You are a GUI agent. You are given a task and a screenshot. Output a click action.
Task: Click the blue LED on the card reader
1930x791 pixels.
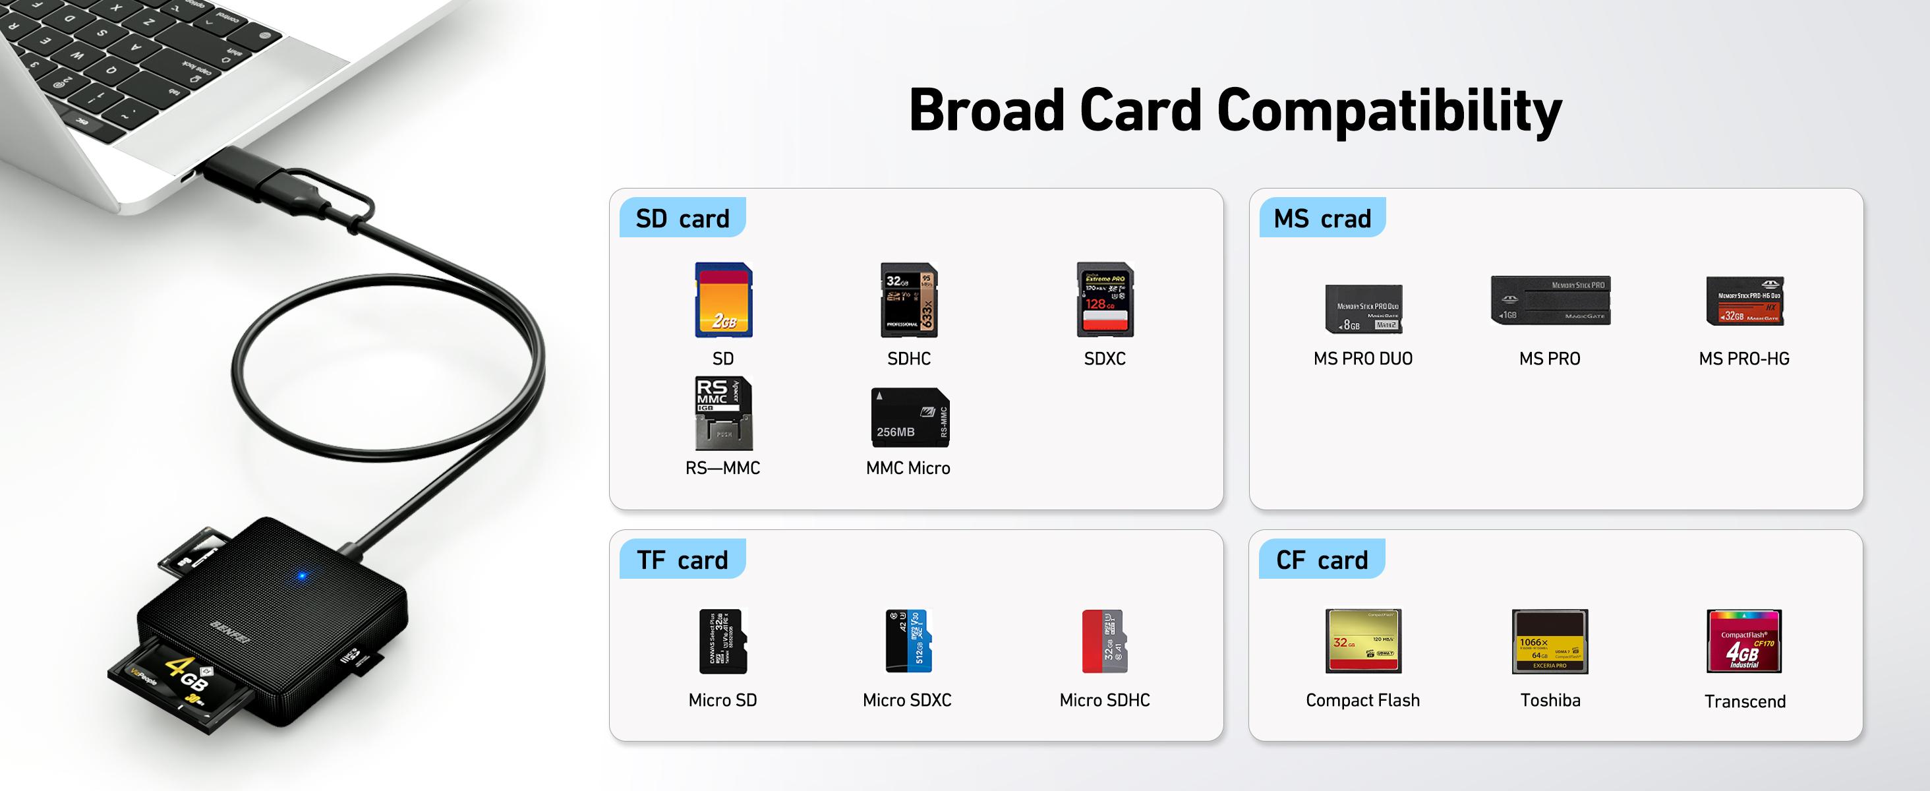[302, 576]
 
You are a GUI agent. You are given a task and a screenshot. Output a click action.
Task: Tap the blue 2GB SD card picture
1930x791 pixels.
[723, 300]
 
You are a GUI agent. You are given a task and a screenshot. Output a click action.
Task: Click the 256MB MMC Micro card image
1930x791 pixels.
[910, 418]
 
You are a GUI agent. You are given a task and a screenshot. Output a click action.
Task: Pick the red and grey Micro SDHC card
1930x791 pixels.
[1104, 641]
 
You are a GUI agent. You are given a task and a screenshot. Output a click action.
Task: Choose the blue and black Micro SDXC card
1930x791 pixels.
[908, 641]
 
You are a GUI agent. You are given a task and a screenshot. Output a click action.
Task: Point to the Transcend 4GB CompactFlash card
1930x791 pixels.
[1743, 641]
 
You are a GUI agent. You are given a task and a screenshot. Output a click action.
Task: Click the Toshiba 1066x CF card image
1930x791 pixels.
[1550, 641]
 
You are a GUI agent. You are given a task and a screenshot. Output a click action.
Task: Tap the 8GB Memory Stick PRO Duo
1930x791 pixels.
[1363, 308]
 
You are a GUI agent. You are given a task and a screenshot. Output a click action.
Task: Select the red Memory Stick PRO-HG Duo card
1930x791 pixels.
[1744, 301]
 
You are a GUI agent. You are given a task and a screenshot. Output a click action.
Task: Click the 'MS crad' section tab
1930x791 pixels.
[1322, 218]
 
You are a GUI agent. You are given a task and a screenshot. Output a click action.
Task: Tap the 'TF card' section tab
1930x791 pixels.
[682, 560]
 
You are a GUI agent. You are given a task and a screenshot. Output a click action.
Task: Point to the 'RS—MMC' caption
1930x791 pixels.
[722, 468]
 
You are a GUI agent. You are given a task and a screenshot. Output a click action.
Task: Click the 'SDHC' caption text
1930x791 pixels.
[909, 359]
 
